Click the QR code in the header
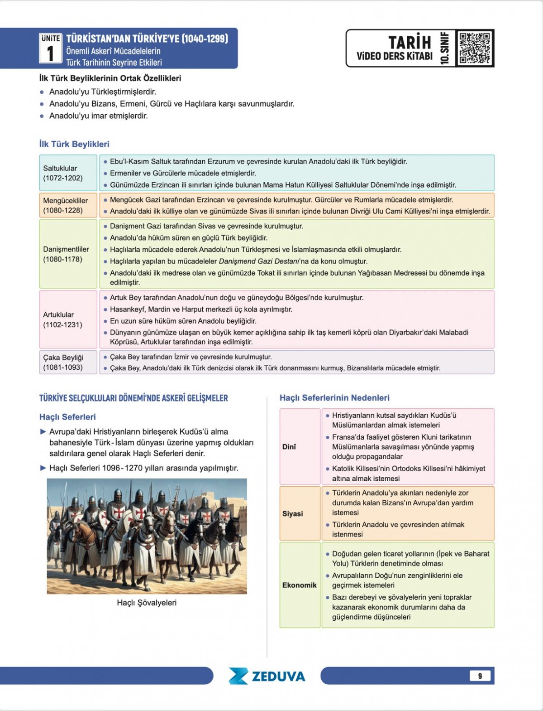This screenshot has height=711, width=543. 474,48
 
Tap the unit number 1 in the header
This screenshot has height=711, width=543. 50,53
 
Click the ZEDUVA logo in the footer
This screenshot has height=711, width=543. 267,676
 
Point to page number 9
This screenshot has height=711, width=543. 480,676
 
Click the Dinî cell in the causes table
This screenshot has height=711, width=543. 290,447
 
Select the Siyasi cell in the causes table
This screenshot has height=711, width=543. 293,513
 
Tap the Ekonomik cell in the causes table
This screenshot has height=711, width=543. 299,585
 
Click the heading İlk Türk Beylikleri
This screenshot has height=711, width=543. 74,144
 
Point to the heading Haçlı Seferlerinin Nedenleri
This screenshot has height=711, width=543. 334,398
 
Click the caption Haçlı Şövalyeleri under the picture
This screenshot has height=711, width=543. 147,603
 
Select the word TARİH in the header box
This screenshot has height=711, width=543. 410,42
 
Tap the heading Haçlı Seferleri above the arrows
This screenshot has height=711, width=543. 67,417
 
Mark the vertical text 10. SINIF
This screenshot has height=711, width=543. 445,48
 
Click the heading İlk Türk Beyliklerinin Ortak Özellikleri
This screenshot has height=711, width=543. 110,78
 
